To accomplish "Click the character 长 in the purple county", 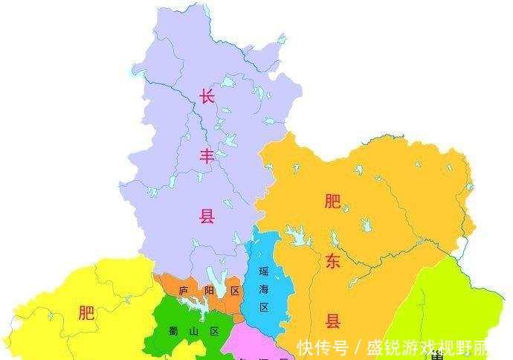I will click(x=206, y=96).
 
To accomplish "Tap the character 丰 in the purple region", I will click(x=206, y=155).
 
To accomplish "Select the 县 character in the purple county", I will click(x=206, y=216).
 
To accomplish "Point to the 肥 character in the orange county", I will click(x=332, y=201).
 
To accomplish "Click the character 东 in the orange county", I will click(x=332, y=261).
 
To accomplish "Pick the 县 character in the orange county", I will click(x=332, y=321).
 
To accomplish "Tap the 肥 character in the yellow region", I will click(x=87, y=313).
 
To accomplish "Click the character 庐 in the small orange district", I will click(x=184, y=290).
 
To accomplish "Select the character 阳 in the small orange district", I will click(x=210, y=290).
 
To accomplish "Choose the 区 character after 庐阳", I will click(x=235, y=290).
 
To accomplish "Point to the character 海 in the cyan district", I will click(x=264, y=289).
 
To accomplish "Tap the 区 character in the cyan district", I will click(x=264, y=307).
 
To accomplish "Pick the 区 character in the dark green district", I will click(x=215, y=332).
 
